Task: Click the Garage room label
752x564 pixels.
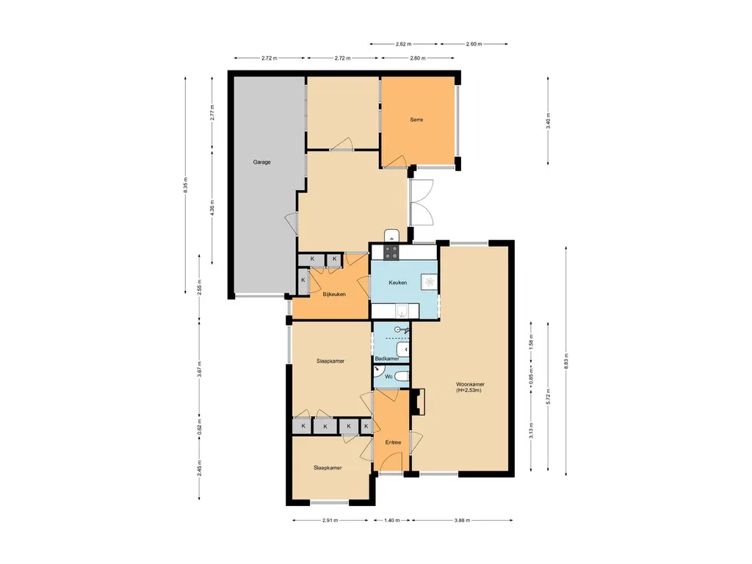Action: pyautogui.click(x=262, y=162)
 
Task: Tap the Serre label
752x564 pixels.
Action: pyautogui.click(x=416, y=120)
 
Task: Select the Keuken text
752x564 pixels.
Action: pyautogui.click(x=397, y=283)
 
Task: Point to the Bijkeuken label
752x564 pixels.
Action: pyautogui.click(x=334, y=294)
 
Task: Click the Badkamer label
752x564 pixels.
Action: pyautogui.click(x=387, y=358)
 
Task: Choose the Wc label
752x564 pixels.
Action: pyautogui.click(x=389, y=377)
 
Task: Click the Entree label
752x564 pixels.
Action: pyautogui.click(x=394, y=442)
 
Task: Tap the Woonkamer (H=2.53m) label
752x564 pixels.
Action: pyautogui.click(x=470, y=387)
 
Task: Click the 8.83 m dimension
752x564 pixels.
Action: pyautogui.click(x=566, y=361)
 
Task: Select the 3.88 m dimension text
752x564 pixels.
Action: pyautogui.click(x=463, y=520)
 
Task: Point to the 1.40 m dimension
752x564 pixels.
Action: pyautogui.click(x=392, y=520)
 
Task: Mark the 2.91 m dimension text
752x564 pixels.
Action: pyautogui.click(x=330, y=520)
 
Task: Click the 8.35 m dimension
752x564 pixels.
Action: pyautogui.click(x=186, y=185)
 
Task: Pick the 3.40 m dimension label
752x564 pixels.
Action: pyautogui.click(x=548, y=120)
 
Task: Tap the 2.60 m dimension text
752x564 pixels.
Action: pyautogui.click(x=474, y=44)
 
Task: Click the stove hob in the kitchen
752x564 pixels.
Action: pyautogui.click(x=391, y=253)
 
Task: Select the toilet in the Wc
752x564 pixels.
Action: pyautogui.click(x=402, y=377)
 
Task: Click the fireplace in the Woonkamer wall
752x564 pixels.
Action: pyautogui.click(x=419, y=402)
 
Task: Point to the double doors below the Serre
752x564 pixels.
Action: pyautogui.click(x=422, y=203)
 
